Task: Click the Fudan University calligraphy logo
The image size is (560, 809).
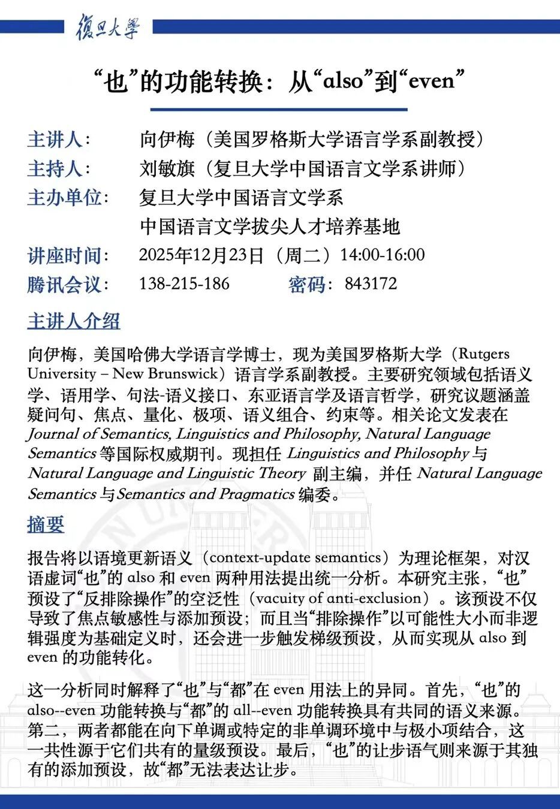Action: click(108, 28)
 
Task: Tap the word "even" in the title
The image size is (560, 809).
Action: click(431, 80)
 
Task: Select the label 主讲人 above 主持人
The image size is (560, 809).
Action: click(55, 139)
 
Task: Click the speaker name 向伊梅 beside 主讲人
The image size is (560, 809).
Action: click(167, 139)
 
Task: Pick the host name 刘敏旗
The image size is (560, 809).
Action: click(167, 168)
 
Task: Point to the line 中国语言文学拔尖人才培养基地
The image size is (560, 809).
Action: click(269, 227)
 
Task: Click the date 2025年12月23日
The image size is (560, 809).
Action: click(201, 255)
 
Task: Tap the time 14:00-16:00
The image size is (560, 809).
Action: click(382, 255)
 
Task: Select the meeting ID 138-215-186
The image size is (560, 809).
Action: click(184, 283)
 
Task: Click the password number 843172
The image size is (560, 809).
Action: click(371, 283)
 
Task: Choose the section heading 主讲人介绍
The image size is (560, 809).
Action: click(74, 321)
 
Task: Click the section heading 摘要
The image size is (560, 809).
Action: click(46, 524)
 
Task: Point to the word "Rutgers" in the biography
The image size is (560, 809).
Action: click(484, 354)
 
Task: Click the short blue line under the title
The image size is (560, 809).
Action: click(279, 110)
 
